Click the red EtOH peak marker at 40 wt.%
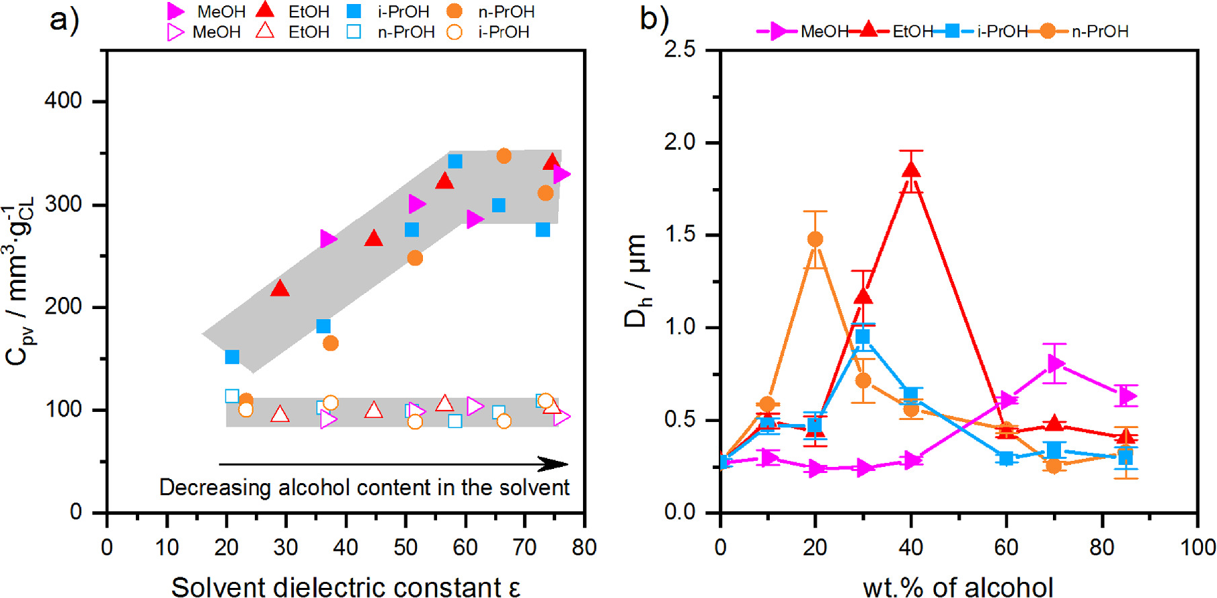tap(911, 169)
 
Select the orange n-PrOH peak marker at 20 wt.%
tap(816, 239)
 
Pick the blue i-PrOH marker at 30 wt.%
tap(863, 337)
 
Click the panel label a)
tap(65, 20)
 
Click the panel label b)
tap(654, 19)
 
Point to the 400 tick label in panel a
tap(63, 101)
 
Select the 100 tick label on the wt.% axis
tap(1197, 548)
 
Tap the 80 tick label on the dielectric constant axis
tap(584, 548)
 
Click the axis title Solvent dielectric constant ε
tap(346, 587)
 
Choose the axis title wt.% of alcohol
tap(957, 587)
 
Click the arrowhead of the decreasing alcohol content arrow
tap(555, 464)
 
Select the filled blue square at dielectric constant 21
tap(232, 357)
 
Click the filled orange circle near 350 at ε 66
tap(504, 156)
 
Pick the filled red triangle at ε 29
tap(280, 289)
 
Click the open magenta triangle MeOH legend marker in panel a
tap(175, 32)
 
